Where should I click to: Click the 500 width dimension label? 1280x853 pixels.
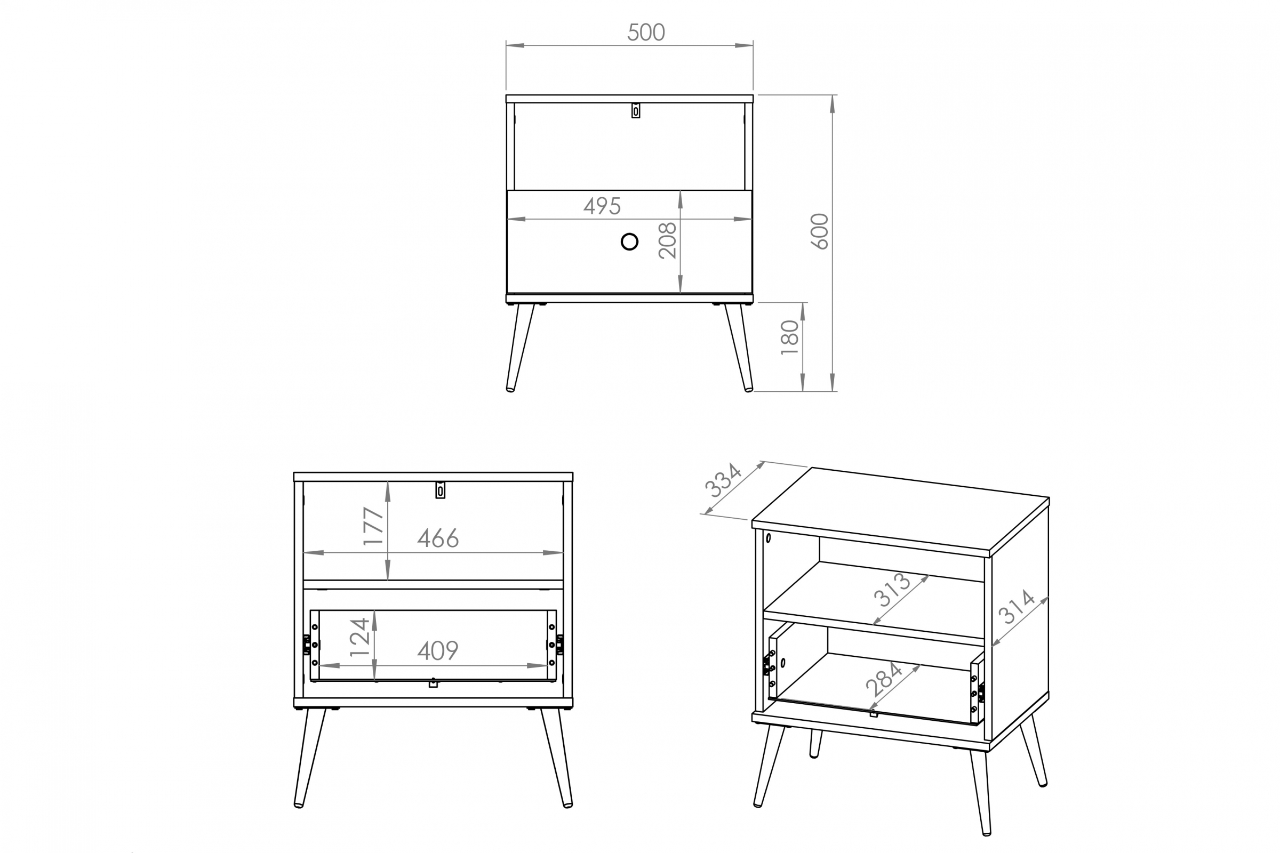[646, 32]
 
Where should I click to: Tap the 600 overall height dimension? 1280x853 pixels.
[820, 232]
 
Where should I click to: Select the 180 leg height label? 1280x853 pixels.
[790, 338]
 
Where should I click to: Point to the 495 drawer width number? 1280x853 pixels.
[602, 206]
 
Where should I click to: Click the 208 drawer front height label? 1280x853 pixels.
[667, 240]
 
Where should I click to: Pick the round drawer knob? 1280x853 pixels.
[629, 242]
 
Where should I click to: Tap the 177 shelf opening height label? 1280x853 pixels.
[374, 526]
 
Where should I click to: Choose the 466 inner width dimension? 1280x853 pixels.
[438, 538]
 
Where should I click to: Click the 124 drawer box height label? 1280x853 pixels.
[359, 637]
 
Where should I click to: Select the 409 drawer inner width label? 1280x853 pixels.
[438, 650]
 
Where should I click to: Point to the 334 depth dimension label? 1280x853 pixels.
[723, 480]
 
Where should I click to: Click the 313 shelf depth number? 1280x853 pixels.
[892, 590]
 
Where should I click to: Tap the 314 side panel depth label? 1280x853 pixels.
[1016, 607]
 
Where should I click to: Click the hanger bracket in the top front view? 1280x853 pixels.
[636, 110]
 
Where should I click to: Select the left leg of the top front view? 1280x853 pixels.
[519, 347]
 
